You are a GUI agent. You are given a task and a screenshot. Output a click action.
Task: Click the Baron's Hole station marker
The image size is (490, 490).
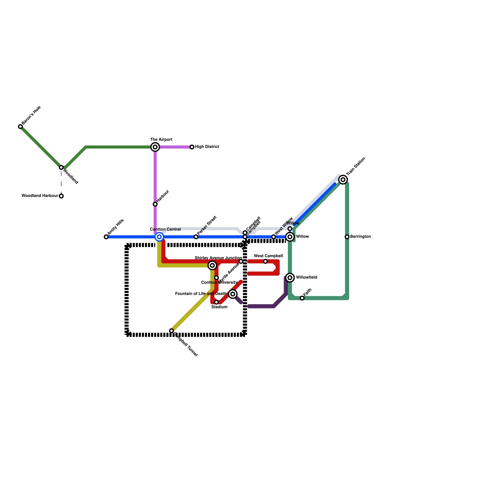coord(21,126)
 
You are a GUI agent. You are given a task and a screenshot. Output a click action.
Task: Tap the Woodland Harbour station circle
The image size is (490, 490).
coord(61,196)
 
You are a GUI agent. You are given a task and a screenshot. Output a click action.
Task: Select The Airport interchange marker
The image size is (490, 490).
coord(155,147)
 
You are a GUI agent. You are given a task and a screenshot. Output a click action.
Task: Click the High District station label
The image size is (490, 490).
coord(207,147)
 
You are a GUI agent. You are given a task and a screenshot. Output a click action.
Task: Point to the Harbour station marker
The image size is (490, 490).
coord(155,204)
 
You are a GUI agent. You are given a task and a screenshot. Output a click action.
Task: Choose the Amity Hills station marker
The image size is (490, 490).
coord(106,237)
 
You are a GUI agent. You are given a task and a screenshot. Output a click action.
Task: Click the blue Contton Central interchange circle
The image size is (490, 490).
coord(159,237)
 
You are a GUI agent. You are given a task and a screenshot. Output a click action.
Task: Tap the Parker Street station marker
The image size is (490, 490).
coord(196,237)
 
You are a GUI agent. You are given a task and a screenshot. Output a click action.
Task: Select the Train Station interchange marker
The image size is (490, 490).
coord(343,180)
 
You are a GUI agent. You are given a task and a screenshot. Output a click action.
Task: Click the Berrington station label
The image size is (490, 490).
coord(360,237)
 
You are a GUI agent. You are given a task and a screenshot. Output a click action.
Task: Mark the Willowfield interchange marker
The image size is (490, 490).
coord(290,277)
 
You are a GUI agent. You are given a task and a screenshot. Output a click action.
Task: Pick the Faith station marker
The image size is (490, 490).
coord(302,298)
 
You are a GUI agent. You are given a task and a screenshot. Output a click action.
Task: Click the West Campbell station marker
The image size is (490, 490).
coord(266,261)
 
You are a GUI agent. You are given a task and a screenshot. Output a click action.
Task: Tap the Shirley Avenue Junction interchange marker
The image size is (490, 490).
coord(212,265)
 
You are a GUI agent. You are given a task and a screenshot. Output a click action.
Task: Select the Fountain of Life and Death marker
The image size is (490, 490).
coord(233,294)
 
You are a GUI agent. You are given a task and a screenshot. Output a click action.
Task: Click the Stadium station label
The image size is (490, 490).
coord(219,307)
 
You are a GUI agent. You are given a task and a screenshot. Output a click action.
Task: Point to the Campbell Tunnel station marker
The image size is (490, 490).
coord(171,331)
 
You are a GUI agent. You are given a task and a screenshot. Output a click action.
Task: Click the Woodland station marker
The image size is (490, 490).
coord(61,168)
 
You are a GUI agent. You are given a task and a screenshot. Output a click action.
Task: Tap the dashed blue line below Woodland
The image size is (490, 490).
coord(61,182)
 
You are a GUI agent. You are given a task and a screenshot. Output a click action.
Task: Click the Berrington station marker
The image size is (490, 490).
coord(347,237)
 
